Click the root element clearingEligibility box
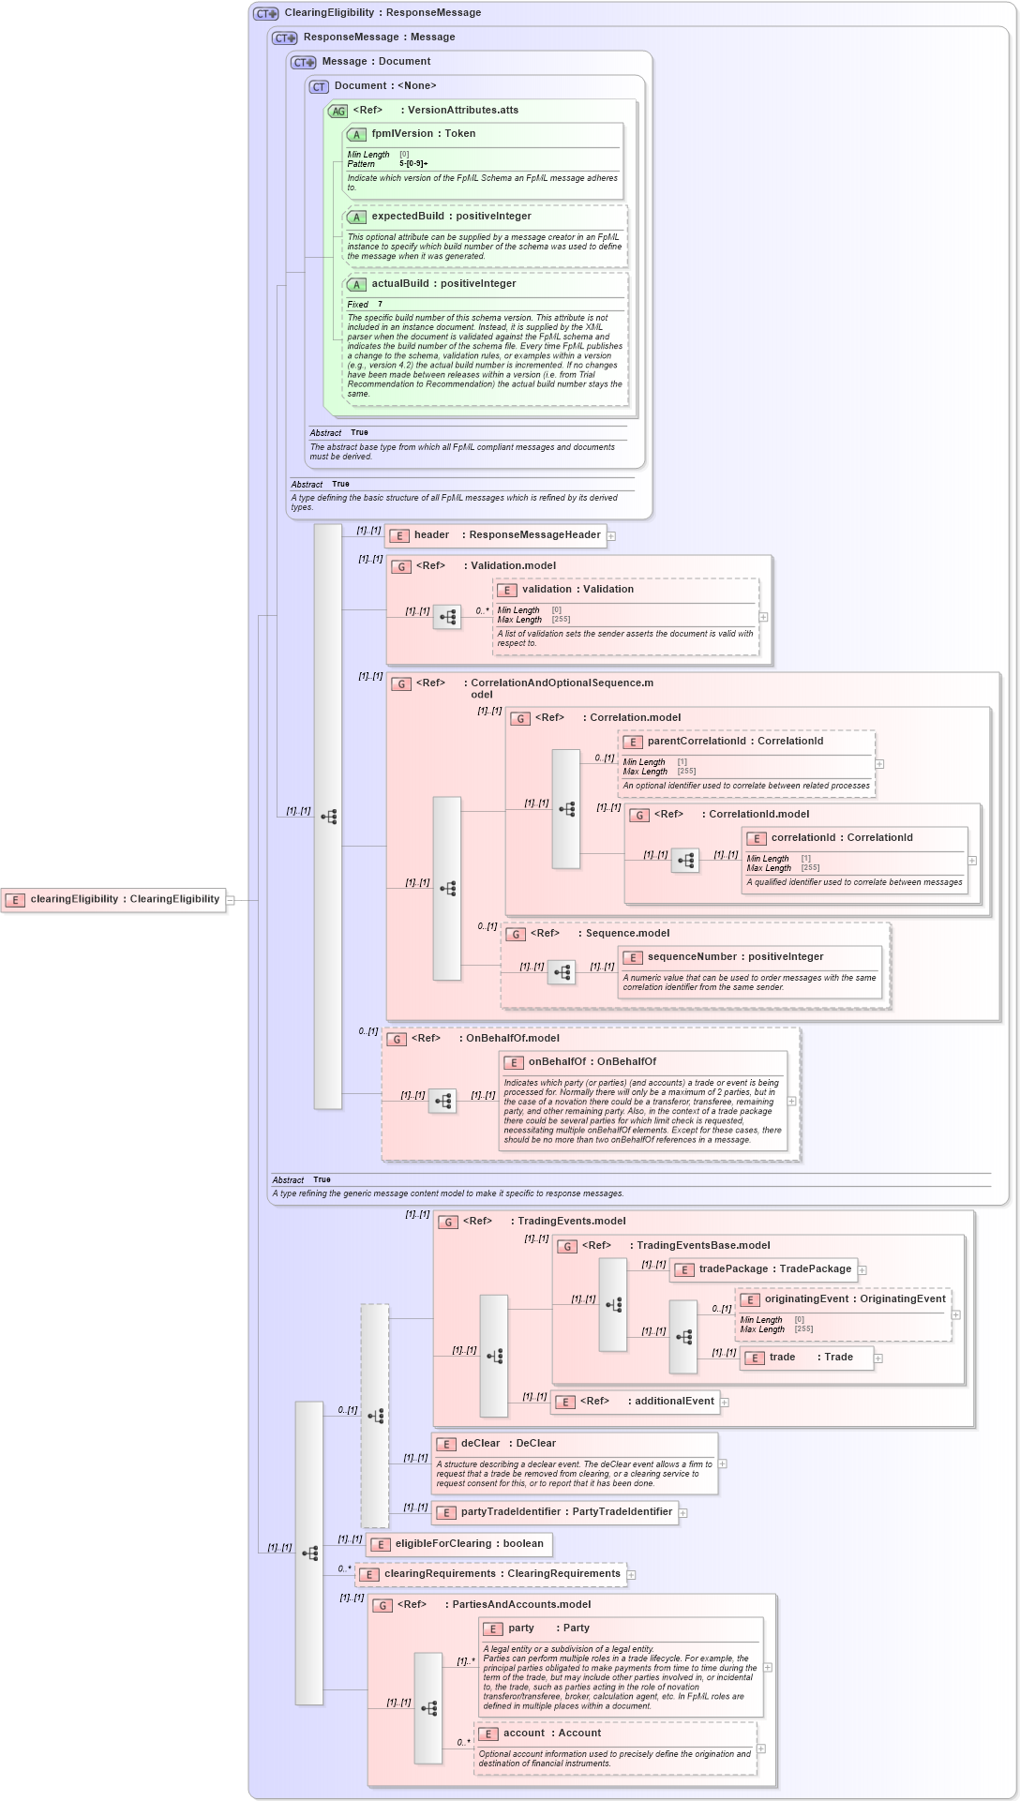point(113,899)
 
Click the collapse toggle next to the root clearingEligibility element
point(231,900)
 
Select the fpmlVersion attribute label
point(423,134)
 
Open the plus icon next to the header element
point(611,536)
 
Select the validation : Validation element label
point(577,590)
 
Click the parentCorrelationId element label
point(734,742)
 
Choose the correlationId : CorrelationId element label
point(841,838)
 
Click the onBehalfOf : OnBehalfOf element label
point(591,1062)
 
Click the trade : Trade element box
point(806,1358)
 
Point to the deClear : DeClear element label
point(507,1444)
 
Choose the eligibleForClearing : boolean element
point(458,1544)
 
